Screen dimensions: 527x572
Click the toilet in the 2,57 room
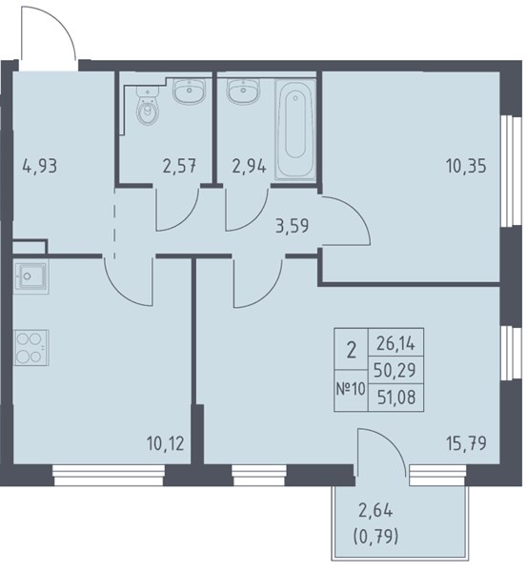tap(148, 105)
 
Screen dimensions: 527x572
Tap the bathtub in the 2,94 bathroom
tap(295, 130)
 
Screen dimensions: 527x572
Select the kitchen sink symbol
tap(30, 276)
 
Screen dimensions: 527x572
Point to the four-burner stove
tap(31, 348)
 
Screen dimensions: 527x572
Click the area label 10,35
tap(466, 166)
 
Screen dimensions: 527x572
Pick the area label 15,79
tap(466, 443)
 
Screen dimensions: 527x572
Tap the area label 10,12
tap(165, 444)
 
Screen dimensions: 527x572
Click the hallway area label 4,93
tap(40, 167)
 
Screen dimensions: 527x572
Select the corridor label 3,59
tap(293, 226)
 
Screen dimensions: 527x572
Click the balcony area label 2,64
tap(375, 511)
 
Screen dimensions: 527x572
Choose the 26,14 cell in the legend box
tap(395, 343)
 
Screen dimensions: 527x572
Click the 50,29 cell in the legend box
tap(395, 370)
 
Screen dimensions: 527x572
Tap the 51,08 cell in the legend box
tap(396, 398)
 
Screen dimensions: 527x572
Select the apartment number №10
tap(351, 389)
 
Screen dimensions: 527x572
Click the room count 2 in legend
tap(352, 350)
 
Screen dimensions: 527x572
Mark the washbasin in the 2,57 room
tap(190, 91)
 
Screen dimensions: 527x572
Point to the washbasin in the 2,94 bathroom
tap(243, 91)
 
